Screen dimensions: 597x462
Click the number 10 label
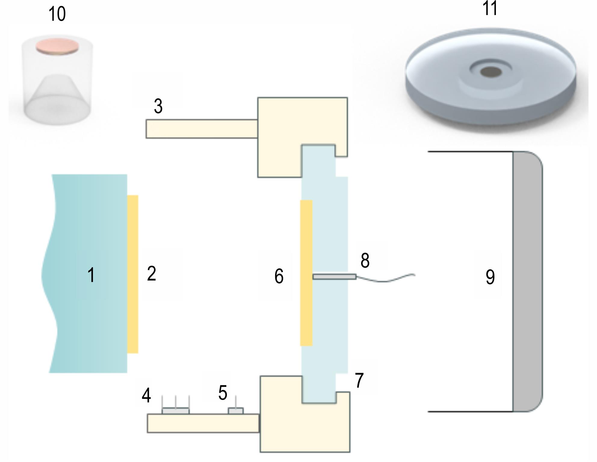pos(57,14)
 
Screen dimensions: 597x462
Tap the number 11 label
pos(490,8)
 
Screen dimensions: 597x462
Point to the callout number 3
pos(158,106)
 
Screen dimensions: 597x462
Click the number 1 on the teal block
pos(91,275)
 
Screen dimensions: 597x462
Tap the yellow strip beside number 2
pos(133,274)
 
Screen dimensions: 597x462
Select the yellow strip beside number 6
pos(306,273)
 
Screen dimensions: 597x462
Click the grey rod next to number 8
pos(335,277)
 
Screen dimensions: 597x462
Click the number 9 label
pos(490,277)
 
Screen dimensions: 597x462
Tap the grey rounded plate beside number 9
pos(527,281)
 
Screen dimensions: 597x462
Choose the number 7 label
pos(359,380)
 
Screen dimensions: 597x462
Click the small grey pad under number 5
pos(236,411)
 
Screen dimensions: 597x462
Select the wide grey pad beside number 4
pos(176,411)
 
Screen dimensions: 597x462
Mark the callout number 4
pos(146,395)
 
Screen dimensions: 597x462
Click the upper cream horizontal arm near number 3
pos(202,129)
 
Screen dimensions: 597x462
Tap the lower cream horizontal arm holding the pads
pos(203,423)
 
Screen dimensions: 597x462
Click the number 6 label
pos(279,276)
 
